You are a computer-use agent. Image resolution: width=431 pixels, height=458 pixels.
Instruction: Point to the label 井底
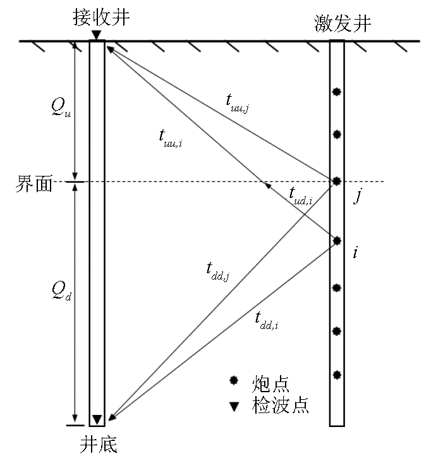(98, 445)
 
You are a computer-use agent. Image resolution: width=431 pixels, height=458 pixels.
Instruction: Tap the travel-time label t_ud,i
(301, 196)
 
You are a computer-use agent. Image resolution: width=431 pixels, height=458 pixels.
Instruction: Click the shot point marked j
(337, 182)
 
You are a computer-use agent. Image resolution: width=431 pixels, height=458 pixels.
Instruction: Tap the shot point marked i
(337, 240)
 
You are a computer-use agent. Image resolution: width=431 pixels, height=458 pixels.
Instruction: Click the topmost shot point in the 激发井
(337, 92)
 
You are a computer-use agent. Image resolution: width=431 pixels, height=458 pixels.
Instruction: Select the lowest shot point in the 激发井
(337, 374)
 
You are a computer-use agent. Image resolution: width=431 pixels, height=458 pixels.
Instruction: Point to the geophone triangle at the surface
(96, 35)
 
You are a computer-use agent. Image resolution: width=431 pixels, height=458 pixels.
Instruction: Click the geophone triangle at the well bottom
(97, 419)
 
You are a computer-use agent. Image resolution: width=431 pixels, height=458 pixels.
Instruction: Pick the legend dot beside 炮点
(234, 381)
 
